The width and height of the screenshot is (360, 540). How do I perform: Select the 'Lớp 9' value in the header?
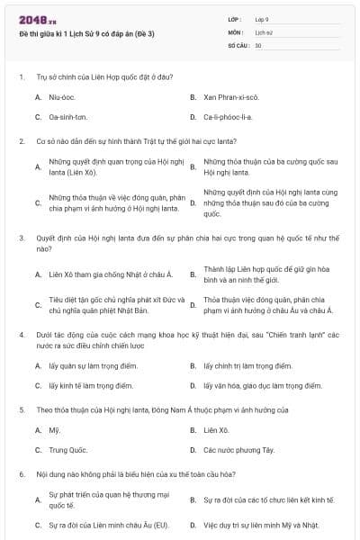262,19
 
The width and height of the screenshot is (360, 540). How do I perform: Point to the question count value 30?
258,44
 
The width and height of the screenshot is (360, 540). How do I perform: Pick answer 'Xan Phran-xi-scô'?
230,96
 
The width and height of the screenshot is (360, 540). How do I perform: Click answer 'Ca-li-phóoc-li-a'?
228,117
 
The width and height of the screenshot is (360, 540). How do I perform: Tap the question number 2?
22,141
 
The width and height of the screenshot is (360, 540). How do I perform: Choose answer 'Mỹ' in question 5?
54,430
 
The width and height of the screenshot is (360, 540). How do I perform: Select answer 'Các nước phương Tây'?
238,449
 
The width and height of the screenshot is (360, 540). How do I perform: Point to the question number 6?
22,473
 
